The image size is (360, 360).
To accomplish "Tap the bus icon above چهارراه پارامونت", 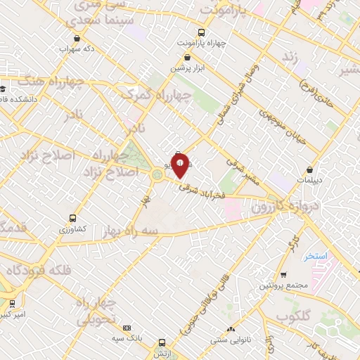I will (202, 32).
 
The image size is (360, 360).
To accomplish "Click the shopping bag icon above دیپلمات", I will (311, 169).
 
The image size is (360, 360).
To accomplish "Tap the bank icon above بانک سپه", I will (127, 328).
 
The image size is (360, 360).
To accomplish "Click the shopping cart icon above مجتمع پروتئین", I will (283, 274).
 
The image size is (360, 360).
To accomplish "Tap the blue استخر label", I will (317, 257).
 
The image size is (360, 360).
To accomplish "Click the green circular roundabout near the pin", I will (155, 173).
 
